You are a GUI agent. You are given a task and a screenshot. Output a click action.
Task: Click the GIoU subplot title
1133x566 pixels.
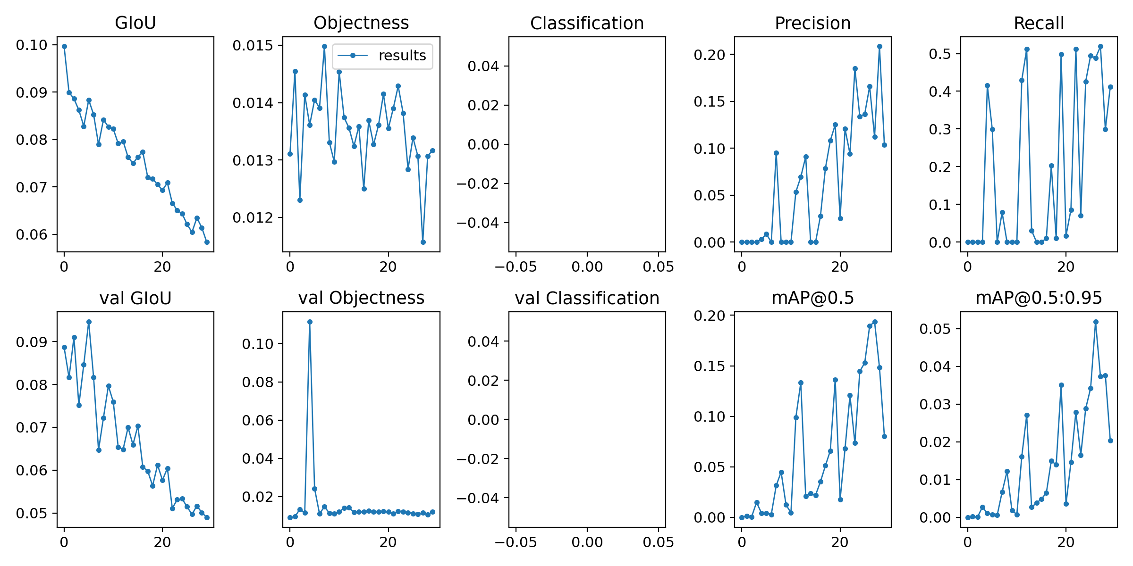pyautogui.click(x=135, y=23)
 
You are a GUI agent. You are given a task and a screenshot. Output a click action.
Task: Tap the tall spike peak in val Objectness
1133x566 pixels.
pyautogui.click(x=310, y=322)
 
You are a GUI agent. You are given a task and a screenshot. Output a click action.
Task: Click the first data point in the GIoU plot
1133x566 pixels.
pyautogui.click(x=64, y=46)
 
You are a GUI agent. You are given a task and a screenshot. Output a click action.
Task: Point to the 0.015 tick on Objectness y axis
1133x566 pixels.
pyautogui.click(x=253, y=45)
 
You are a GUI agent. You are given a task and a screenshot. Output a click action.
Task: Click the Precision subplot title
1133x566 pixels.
pyautogui.click(x=812, y=23)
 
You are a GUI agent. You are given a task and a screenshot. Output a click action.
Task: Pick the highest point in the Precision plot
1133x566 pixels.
pyautogui.click(x=879, y=46)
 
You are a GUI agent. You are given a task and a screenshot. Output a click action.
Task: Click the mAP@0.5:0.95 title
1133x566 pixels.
pyautogui.click(x=1039, y=298)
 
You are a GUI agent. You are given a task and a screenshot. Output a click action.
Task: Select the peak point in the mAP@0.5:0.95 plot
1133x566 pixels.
pyautogui.click(x=1096, y=322)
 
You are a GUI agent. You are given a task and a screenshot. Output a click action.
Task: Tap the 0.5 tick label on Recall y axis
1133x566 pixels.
pyautogui.click(x=940, y=54)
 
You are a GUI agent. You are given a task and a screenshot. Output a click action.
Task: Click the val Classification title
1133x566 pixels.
pyautogui.click(x=587, y=298)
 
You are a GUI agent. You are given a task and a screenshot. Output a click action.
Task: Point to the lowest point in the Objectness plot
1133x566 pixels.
pyautogui.click(x=423, y=242)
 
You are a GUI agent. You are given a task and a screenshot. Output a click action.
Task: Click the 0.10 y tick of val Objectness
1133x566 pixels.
pyautogui.click(x=258, y=344)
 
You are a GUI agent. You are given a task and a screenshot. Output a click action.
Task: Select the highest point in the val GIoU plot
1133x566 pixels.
pyautogui.click(x=89, y=322)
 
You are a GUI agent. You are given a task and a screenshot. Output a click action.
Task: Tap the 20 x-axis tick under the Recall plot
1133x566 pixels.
pyautogui.click(x=1065, y=266)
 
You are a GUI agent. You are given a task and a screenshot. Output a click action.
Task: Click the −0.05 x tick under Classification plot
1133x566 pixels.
pyautogui.click(x=516, y=266)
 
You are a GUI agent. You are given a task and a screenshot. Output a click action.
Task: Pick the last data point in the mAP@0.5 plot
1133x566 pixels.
pyautogui.click(x=884, y=436)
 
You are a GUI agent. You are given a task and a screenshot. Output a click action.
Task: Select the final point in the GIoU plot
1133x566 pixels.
pyautogui.click(x=207, y=242)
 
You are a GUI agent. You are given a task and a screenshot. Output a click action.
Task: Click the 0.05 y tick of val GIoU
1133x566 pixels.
pyautogui.click(x=32, y=513)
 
